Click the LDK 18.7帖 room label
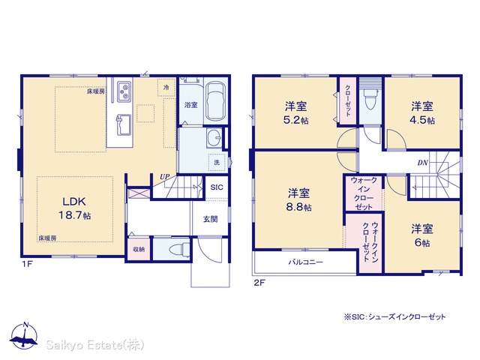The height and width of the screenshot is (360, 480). [75, 208]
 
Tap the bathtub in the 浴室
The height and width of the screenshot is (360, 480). [215, 101]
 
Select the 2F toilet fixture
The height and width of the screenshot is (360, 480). [370, 99]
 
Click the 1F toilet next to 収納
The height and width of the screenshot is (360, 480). [179, 248]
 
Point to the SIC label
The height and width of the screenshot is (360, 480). [217, 187]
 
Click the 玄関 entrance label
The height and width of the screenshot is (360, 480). [210, 219]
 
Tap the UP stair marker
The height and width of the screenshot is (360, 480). [164, 177]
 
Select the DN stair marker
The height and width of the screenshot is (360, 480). [422, 163]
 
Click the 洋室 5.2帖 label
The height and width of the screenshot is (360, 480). [295, 113]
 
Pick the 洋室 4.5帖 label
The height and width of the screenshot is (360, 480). [422, 113]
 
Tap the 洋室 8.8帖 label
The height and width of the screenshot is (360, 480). [298, 200]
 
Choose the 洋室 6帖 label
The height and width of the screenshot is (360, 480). [422, 235]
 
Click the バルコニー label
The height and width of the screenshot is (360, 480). [306, 262]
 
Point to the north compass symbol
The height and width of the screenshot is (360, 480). [24, 336]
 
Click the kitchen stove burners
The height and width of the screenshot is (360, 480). [124, 91]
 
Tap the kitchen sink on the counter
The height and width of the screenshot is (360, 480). [124, 125]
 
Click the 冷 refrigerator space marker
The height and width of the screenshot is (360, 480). [166, 88]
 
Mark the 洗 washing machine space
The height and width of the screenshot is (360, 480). [217, 162]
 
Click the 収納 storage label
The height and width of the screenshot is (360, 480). [139, 250]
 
